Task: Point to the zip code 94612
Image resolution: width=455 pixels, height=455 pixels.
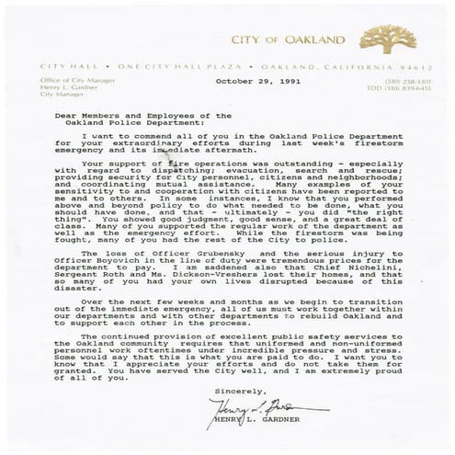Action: [411, 67]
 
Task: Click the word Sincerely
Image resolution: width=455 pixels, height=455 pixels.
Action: [233, 390]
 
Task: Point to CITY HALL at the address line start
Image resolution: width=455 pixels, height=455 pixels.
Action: [60, 67]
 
